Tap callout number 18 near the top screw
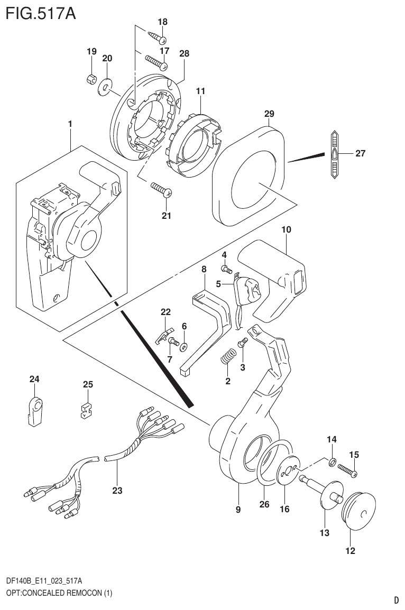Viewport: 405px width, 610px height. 162,22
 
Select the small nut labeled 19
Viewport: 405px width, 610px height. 91,79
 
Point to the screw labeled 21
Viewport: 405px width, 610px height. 160,189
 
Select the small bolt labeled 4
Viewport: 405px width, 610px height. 228,271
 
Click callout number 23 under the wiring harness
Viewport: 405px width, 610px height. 117,491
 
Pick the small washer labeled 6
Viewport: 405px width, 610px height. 184,347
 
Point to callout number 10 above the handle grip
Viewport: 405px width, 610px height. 286,230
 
